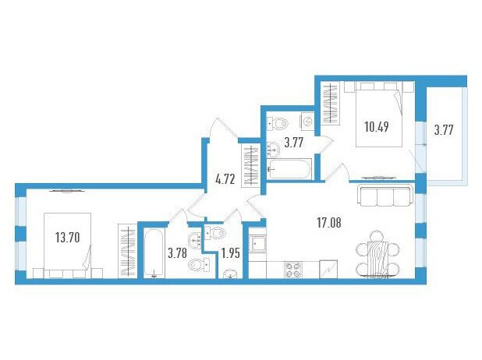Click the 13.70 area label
click(x=68, y=238)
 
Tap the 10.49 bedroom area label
click(x=377, y=126)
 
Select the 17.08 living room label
click(x=329, y=223)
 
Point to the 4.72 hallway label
click(x=225, y=179)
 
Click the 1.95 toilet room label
click(x=231, y=254)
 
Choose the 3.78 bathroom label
click(x=177, y=254)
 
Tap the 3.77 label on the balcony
click(x=444, y=130)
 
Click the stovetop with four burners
click(x=293, y=270)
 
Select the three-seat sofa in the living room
click(x=384, y=195)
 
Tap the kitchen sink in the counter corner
click(x=257, y=244)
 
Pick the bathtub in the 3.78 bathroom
click(x=154, y=253)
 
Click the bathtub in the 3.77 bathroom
click(x=289, y=169)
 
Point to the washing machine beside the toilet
click(x=307, y=122)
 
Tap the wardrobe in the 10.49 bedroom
click(x=331, y=103)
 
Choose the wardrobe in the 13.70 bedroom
click(x=128, y=251)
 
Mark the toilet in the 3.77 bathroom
click(x=278, y=123)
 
